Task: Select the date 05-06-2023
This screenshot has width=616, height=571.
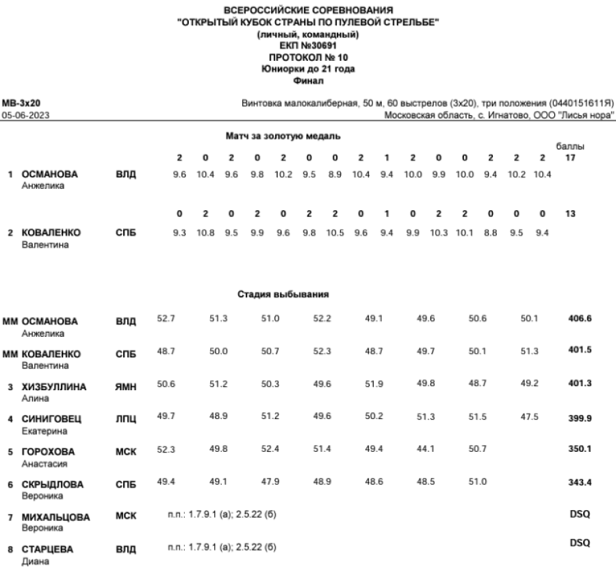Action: tap(21, 115)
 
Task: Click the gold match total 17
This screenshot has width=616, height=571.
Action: tap(572, 159)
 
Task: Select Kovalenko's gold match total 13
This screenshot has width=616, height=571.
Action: tap(572, 214)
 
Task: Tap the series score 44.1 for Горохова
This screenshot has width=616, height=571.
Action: tap(426, 450)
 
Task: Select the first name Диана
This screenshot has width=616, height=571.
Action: tap(33, 561)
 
